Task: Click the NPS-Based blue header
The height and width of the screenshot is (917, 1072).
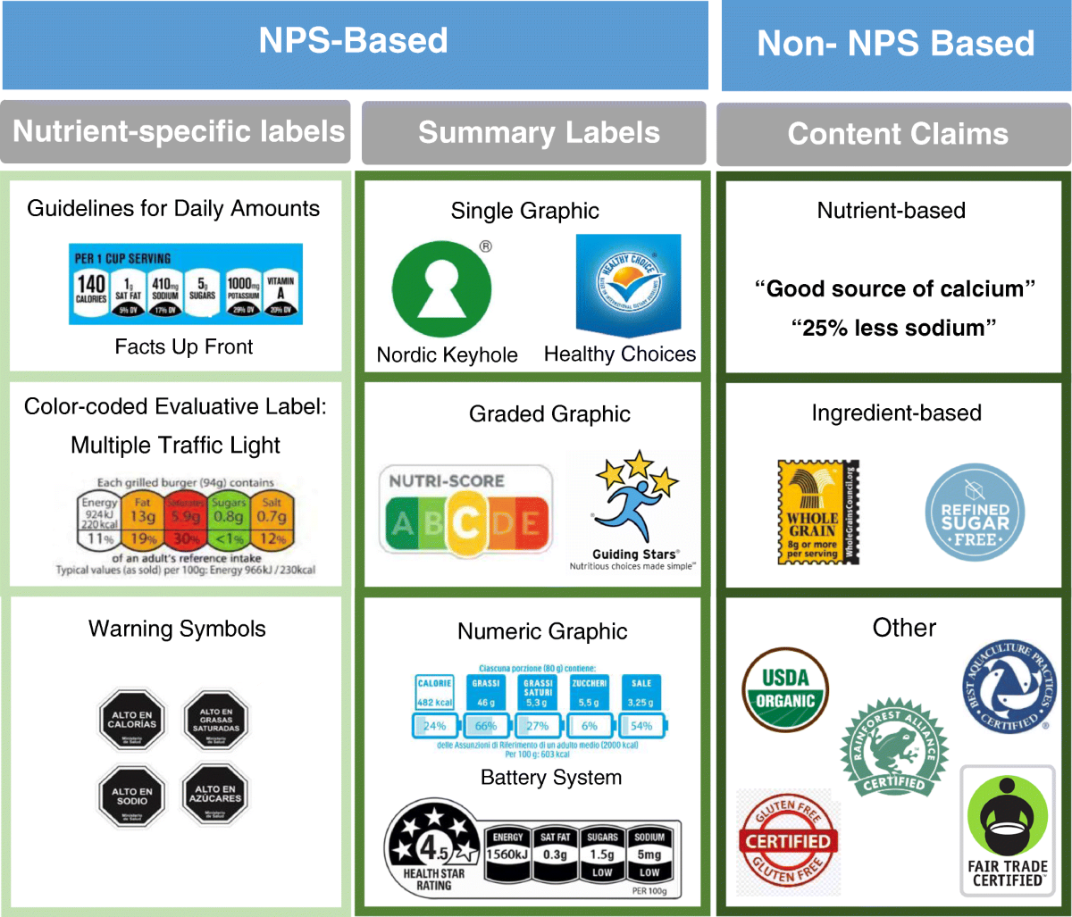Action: [354, 41]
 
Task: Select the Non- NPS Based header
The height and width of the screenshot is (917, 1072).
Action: [895, 44]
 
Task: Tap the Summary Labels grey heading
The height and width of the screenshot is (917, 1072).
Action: [539, 133]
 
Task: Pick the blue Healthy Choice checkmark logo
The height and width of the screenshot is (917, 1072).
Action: [628, 283]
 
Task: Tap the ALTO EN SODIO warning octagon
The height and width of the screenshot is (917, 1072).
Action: [132, 796]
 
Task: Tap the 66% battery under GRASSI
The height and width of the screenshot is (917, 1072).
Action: [487, 725]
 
